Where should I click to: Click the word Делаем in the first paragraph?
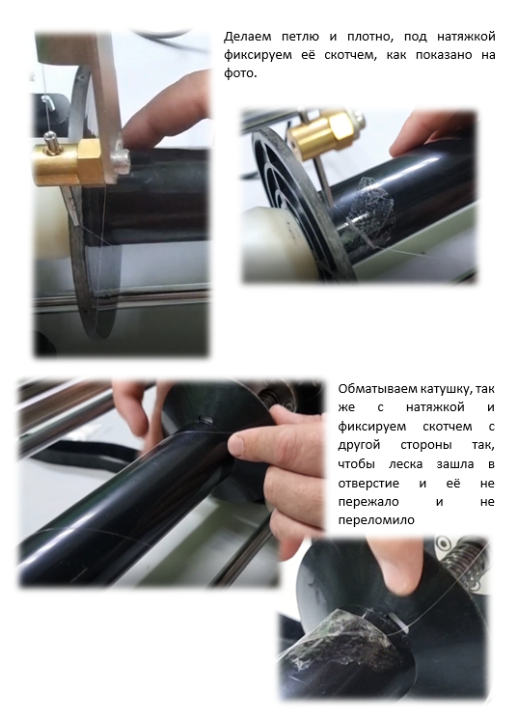[x=248, y=37]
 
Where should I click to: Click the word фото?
[x=239, y=73]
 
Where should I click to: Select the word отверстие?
[x=368, y=484]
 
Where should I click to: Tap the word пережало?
[x=368, y=502]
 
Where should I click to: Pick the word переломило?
[x=376, y=520]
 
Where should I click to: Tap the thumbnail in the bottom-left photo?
[x=237, y=444]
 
